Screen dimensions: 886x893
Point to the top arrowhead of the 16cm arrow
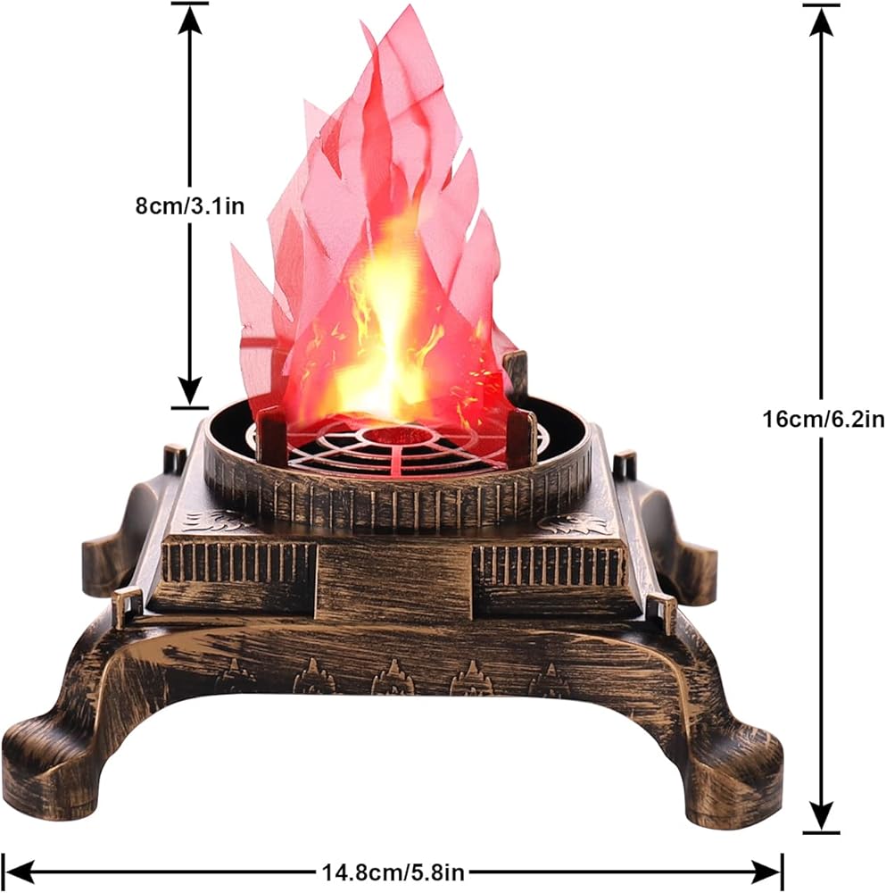821,20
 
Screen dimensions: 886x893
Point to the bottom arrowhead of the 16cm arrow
821,817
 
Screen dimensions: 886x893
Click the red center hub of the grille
397,437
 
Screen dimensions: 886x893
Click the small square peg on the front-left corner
127,607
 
